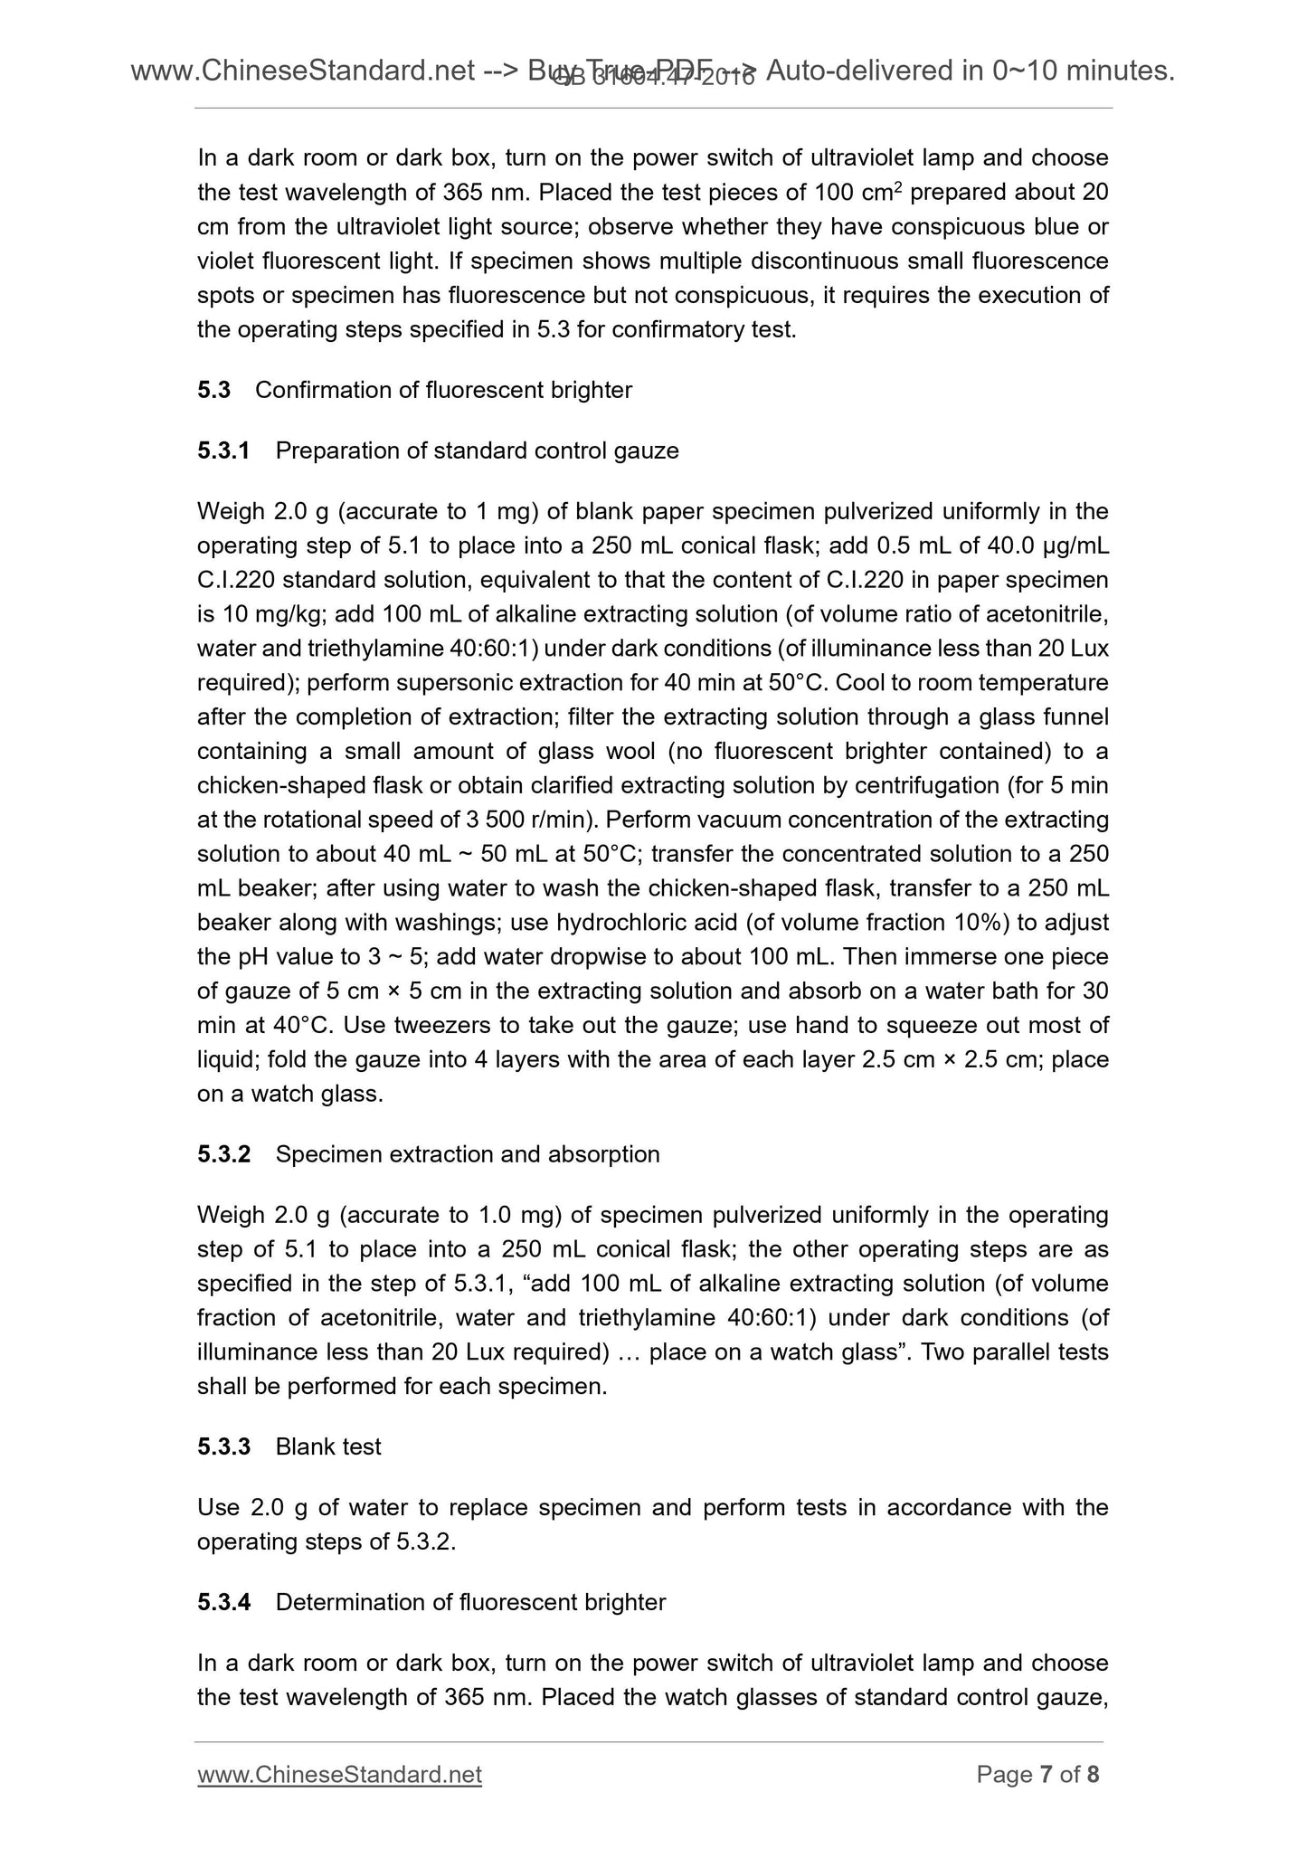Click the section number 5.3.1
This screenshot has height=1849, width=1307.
(223, 450)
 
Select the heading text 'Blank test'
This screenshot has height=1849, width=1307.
(327, 1446)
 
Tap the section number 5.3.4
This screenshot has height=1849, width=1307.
(223, 1602)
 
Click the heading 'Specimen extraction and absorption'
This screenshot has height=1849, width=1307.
(467, 1154)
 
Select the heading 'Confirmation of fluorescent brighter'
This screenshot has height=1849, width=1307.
(443, 390)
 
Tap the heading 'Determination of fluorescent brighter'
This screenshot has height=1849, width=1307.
(470, 1602)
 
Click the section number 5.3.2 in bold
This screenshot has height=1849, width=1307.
(223, 1154)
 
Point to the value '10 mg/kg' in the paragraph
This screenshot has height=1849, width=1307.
(270, 614)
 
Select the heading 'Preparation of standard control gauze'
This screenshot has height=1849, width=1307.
(477, 450)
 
